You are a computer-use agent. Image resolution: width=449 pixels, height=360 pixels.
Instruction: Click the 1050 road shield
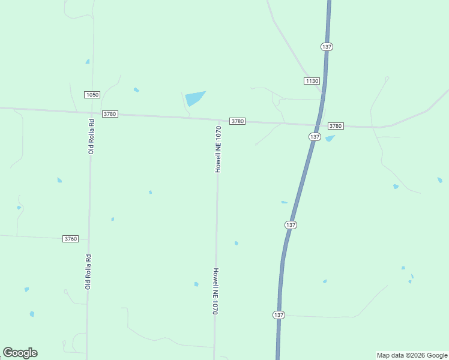point(92,95)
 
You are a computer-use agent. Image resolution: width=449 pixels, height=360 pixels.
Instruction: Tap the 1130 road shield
point(312,81)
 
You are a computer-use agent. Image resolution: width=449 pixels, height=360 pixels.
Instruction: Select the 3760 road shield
point(71,239)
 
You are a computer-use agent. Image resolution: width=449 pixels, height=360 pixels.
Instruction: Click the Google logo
point(20,353)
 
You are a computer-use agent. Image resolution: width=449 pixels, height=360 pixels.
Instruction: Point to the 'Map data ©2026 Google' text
point(412,355)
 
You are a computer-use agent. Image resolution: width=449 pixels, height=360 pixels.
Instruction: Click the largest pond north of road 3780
point(194,98)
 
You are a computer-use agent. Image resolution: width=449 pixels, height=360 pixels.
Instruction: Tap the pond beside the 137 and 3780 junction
point(330,138)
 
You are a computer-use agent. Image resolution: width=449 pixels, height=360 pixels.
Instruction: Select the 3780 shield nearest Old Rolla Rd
point(110,114)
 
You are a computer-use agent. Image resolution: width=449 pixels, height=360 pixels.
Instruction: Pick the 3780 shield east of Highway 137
point(336,126)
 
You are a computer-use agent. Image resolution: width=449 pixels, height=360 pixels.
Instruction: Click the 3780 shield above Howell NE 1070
point(237,121)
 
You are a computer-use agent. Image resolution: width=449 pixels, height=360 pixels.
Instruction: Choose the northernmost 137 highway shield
point(327,47)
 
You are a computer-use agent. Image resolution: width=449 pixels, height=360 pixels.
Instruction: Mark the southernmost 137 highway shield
point(279,315)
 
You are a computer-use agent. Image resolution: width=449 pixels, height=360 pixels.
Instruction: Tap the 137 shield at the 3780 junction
point(315,137)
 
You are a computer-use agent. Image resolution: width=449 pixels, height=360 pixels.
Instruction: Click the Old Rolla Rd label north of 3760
point(91,136)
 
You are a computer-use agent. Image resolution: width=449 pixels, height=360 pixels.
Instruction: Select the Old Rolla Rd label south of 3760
point(88,272)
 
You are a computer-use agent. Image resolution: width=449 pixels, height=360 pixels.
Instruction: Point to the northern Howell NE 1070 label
point(218,149)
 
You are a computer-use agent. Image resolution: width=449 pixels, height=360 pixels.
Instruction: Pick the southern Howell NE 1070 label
point(214,291)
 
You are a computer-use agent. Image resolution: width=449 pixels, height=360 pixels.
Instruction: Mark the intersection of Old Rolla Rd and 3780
point(91,113)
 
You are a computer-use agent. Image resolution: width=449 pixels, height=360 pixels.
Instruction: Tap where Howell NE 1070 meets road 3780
point(218,119)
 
